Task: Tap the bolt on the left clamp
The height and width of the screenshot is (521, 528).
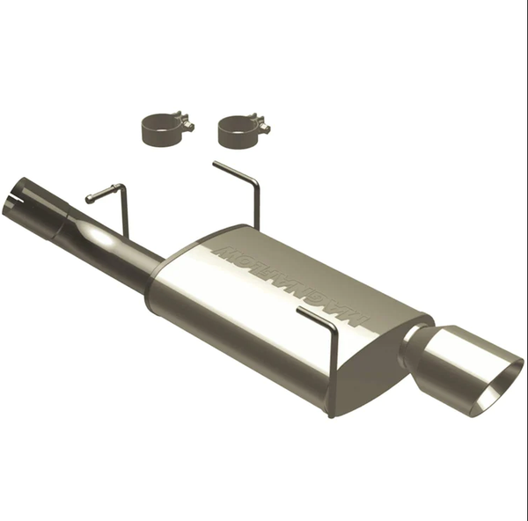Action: pyautogui.click(x=186, y=124)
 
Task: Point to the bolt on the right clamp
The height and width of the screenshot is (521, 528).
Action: pyautogui.click(x=261, y=126)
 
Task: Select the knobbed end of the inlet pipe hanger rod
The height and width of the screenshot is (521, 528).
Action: pyautogui.click(x=90, y=199)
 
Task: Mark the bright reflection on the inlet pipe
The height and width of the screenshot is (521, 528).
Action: pyautogui.click(x=99, y=238)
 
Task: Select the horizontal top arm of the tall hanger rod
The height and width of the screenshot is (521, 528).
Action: pyautogui.click(x=233, y=172)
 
